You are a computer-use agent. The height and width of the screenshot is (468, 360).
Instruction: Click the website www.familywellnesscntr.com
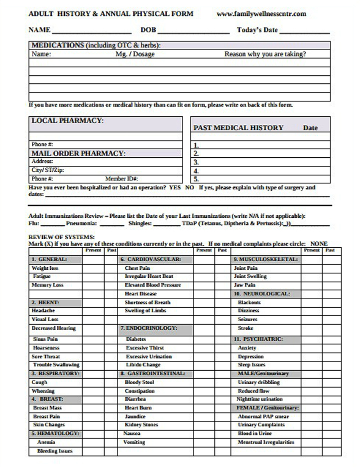(x=261, y=14)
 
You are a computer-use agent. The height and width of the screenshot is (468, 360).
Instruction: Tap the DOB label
(x=148, y=30)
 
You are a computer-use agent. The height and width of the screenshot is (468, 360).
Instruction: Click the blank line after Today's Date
(x=305, y=31)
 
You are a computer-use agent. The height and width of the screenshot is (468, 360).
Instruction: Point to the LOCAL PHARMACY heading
(x=67, y=121)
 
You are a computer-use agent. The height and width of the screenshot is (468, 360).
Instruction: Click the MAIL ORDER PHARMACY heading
(x=78, y=153)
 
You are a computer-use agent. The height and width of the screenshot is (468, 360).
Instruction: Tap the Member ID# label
(x=121, y=178)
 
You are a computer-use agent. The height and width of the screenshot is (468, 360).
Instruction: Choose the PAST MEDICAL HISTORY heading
(x=238, y=128)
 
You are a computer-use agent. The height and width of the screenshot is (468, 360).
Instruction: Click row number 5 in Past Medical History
(x=196, y=179)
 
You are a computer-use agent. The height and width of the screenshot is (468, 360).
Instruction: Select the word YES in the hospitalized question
(x=175, y=188)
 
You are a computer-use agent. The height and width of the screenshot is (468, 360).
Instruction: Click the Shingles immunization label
(x=140, y=223)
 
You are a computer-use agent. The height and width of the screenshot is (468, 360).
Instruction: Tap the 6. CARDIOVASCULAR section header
(x=150, y=260)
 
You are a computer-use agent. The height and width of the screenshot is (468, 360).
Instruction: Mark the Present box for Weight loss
(x=92, y=268)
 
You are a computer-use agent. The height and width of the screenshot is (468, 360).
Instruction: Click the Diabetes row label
(x=135, y=339)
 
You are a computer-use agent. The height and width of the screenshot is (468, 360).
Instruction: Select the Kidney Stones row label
(x=141, y=425)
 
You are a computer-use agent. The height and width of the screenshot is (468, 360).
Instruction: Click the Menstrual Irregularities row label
(x=266, y=442)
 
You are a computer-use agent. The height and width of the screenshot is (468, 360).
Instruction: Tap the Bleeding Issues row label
(x=54, y=451)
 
